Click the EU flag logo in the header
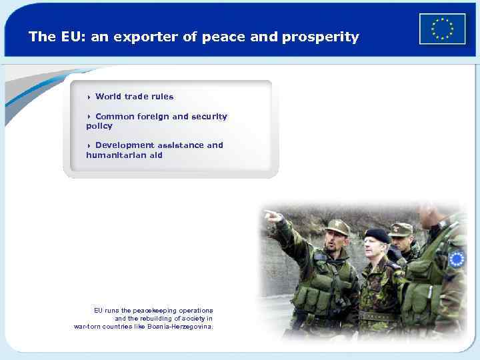point(442,29)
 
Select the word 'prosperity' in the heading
point(320,37)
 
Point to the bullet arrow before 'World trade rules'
point(89,97)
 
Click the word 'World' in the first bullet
point(108,97)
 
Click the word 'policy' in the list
point(99,126)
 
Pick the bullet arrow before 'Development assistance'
point(89,145)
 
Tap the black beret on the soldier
point(377,234)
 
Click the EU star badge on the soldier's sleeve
point(457,259)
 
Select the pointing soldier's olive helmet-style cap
point(337,227)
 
